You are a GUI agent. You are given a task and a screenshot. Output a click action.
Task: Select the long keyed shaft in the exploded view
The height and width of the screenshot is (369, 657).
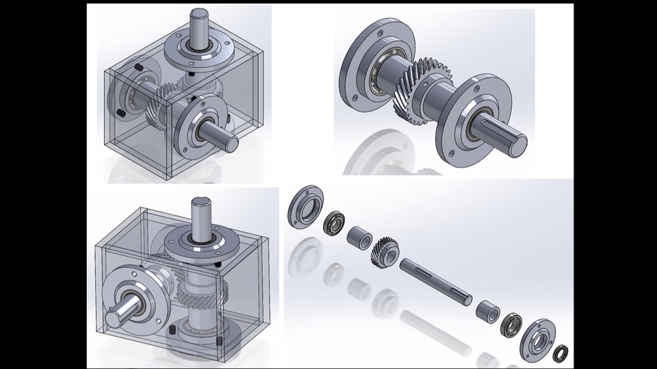[436, 281]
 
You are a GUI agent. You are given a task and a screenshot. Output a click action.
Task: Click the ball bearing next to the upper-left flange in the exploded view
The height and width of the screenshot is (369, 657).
[334, 223]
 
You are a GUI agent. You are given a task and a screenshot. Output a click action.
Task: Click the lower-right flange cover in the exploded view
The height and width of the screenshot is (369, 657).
[537, 339]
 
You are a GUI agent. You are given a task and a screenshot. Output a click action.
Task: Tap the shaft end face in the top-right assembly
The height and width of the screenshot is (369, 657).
[518, 145]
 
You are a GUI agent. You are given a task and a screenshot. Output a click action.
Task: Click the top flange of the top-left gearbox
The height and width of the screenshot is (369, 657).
[199, 53]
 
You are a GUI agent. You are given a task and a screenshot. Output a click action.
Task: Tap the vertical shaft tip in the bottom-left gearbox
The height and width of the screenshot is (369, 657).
[203, 203]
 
